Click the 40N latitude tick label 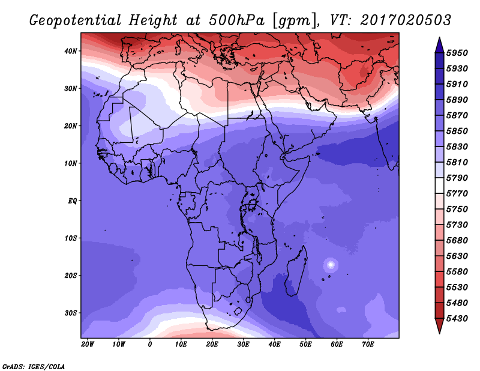[71, 51]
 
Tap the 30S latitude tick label [71, 313]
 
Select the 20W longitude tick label [88, 344]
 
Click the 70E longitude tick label [368, 344]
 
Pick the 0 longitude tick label [150, 344]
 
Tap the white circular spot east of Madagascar [330, 264]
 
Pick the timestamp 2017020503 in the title [406, 19]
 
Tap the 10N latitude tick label [71, 163]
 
